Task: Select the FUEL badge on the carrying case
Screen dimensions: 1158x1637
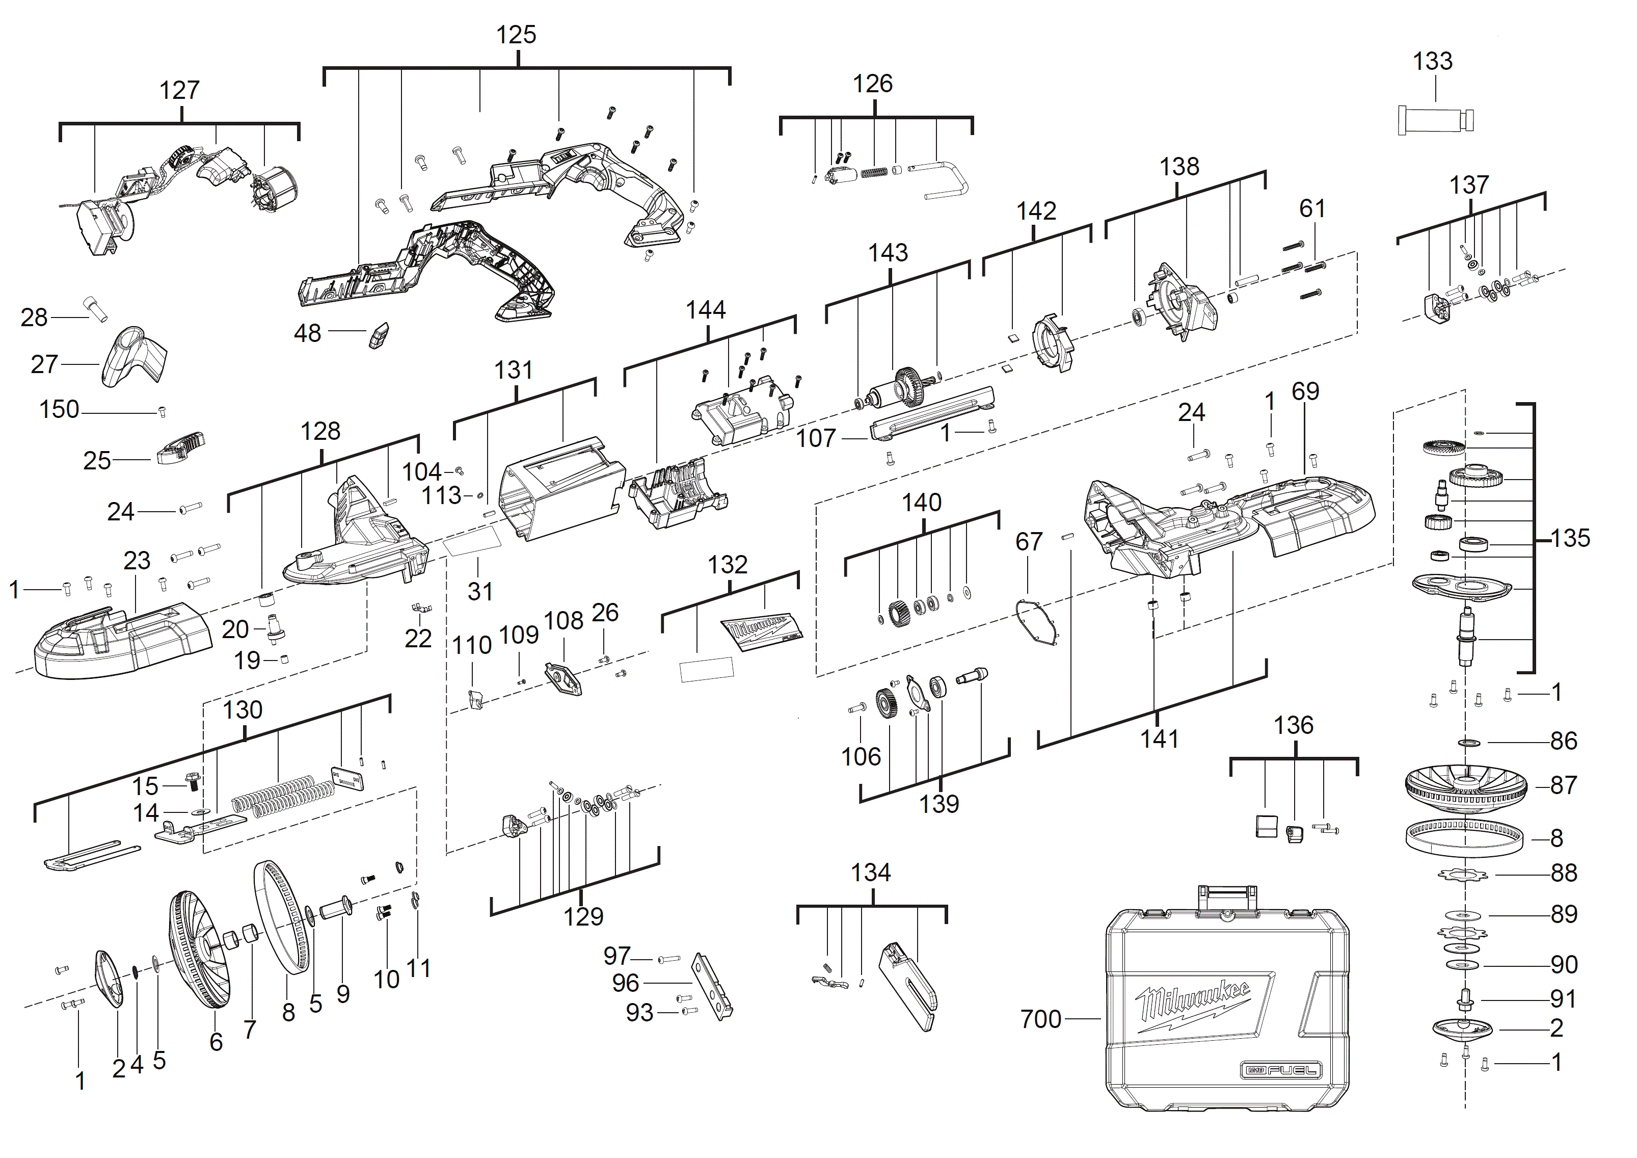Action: pyautogui.click(x=1281, y=1070)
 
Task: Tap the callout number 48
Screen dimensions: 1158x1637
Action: pyautogui.click(x=307, y=333)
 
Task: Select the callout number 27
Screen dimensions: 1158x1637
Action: pyautogui.click(x=44, y=364)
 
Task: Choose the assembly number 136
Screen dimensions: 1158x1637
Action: pyautogui.click(x=1293, y=726)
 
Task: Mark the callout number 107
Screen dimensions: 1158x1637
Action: pyautogui.click(x=816, y=438)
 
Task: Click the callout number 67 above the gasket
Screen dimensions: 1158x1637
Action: pyautogui.click(x=1029, y=542)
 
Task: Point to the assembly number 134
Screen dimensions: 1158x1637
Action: pyautogui.click(x=871, y=873)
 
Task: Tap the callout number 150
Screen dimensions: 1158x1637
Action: pyautogui.click(x=59, y=410)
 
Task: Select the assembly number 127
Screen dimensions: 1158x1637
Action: pyautogui.click(x=179, y=91)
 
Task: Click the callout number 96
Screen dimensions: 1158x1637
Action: pyautogui.click(x=625, y=983)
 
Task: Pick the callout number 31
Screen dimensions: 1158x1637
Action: pyautogui.click(x=480, y=591)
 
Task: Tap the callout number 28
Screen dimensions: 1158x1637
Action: pyautogui.click(x=34, y=318)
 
